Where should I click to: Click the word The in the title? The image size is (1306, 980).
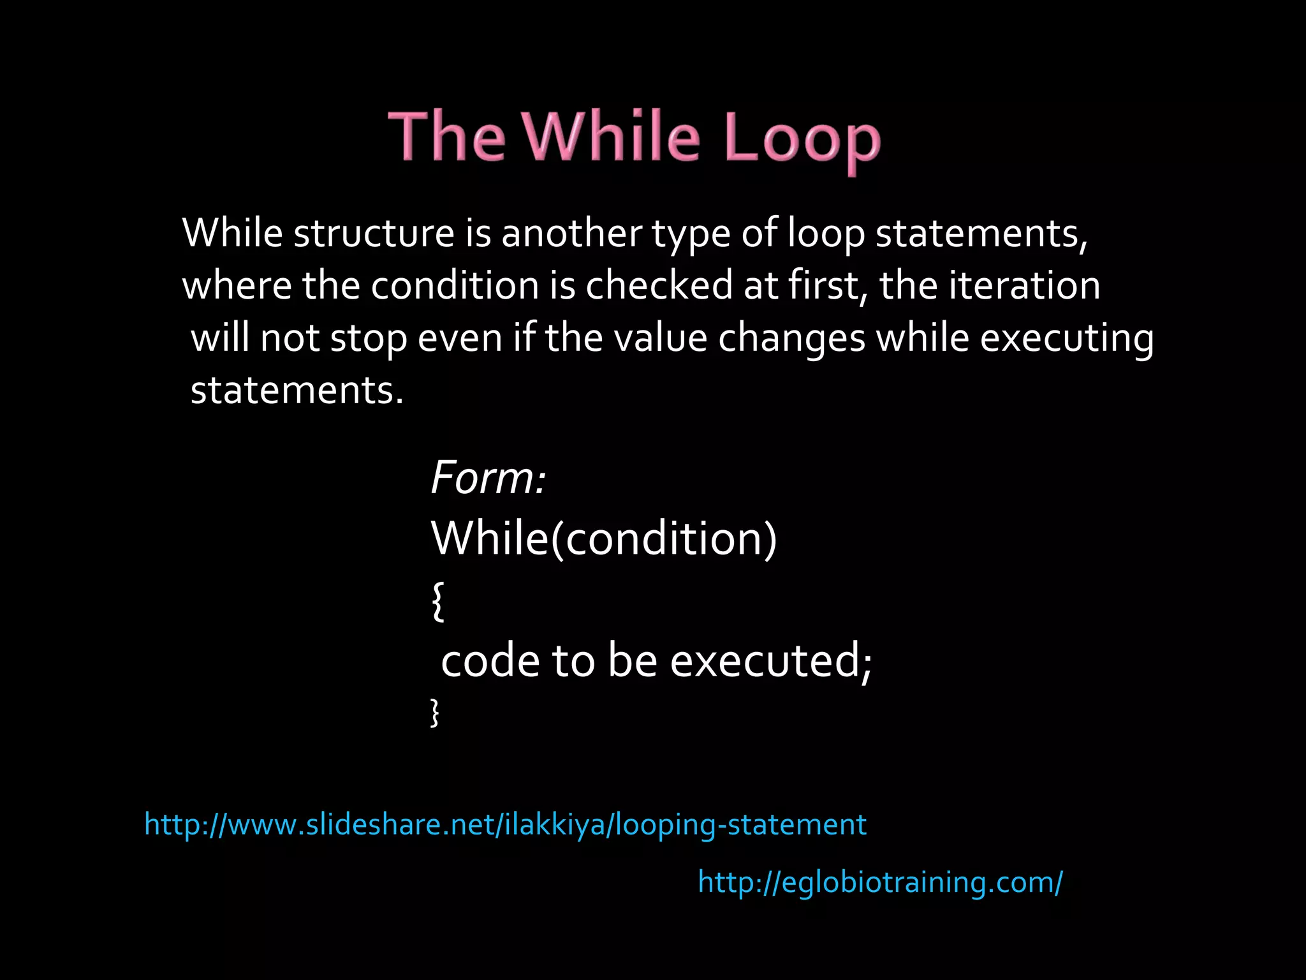point(446,137)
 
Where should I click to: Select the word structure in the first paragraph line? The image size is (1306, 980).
point(374,233)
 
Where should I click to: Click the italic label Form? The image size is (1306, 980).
point(488,478)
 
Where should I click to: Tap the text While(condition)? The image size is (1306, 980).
point(604,538)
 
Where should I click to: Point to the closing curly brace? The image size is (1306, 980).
point(435,712)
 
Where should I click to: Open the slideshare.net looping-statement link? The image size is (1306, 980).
point(505,824)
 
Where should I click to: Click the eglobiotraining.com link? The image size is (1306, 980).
point(880,882)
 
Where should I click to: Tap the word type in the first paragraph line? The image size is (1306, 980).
point(691,234)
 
